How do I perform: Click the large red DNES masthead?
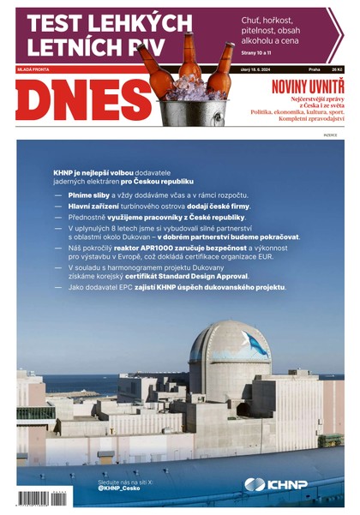(x=83, y=100)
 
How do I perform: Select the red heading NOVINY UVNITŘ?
(x=307, y=87)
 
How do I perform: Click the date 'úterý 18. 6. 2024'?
(x=255, y=69)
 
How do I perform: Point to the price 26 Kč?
(x=337, y=69)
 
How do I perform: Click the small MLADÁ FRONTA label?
(x=30, y=69)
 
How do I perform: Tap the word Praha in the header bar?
(x=315, y=69)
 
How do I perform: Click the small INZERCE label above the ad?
(x=330, y=135)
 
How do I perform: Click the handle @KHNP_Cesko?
(x=121, y=488)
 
